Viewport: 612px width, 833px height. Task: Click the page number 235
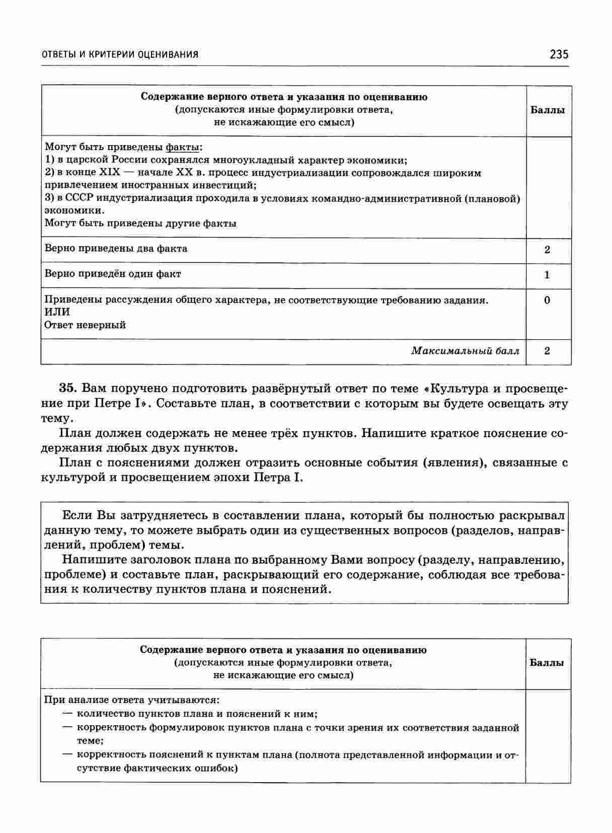click(x=559, y=54)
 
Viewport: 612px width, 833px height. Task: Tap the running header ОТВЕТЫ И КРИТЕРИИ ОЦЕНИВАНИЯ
click(x=119, y=54)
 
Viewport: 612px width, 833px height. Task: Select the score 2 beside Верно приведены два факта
click(x=548, y=250)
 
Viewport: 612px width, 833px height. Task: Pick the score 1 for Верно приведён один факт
click(x=548, y=275)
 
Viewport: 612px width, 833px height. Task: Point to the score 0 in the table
click(x=548, y=301)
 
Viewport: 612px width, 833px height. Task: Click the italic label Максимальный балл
click(x=465, y=351)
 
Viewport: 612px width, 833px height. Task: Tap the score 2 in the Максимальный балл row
click(x=548, y=351)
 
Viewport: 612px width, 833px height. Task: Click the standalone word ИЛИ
click(x=57, y=312)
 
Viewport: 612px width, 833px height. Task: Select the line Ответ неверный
click(x=85, y=325)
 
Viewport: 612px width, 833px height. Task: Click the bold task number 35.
click(x=67, y=388)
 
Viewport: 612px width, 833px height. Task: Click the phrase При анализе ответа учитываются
click(x=132, y=700)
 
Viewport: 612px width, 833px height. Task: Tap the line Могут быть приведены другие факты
click(x=140, y=224)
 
